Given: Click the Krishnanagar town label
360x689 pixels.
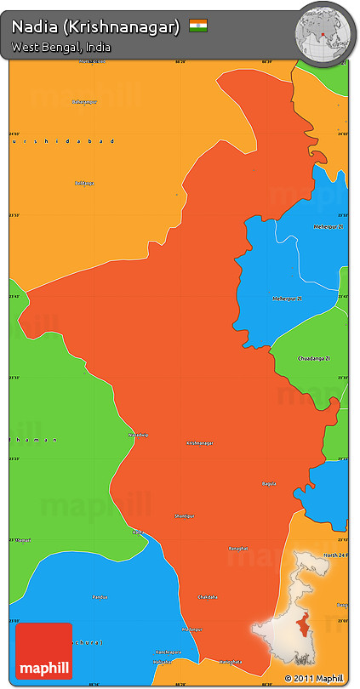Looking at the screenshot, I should [199, 443].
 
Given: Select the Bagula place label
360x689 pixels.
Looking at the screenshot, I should [270, 483].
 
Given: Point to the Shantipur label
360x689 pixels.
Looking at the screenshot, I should [185, 515].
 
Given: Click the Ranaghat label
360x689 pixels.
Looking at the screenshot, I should [237, 549].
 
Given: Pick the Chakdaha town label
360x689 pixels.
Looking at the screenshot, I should [208, 596].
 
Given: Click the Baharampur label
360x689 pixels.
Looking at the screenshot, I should [85, 102].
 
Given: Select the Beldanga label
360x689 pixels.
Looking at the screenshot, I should [84, 183].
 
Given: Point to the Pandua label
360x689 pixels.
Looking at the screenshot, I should [100, 596].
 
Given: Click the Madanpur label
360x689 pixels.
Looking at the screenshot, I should [192, 629].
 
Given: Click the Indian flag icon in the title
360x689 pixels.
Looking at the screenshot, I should [198, 26].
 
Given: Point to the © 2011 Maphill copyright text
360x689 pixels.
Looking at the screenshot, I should [316, 678].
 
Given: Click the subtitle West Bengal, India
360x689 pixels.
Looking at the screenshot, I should [60, 48].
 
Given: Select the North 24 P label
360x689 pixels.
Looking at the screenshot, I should [334, 555].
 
